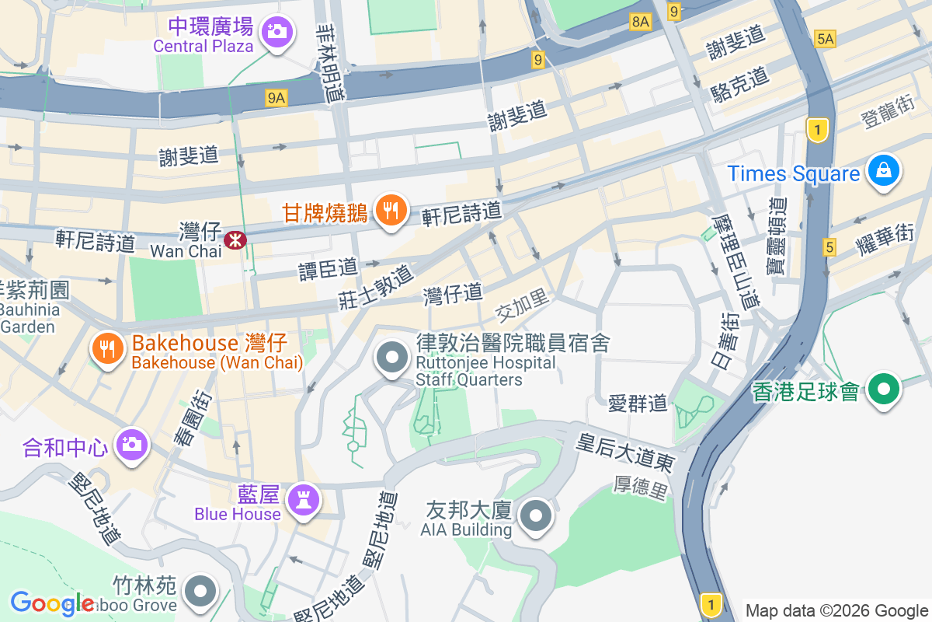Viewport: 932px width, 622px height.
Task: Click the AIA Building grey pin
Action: pos(536,516)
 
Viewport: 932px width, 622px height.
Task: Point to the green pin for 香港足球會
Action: pos(884,389)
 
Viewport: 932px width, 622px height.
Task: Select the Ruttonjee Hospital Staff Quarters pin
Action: pos(392,358)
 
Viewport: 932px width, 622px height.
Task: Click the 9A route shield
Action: pos(276,97)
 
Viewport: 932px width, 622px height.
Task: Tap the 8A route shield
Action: pos(640,23)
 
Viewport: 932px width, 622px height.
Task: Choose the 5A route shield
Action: pos(825,38)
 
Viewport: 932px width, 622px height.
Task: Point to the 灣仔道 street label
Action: pos(453,294)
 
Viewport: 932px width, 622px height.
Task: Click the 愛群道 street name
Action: pos(637,403)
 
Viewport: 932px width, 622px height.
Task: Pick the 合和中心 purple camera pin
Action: pos(131,445)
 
